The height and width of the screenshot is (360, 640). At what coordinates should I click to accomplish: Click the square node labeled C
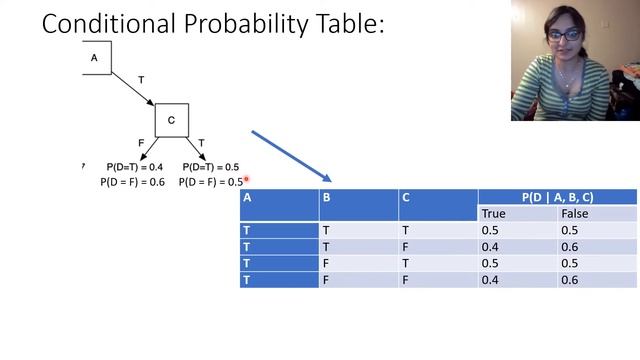click(x=171, y=120)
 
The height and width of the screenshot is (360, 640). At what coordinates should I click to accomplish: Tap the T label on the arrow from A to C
click(x=140, y=79)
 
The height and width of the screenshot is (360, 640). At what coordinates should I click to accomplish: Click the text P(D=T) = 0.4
click(x=135, y=167)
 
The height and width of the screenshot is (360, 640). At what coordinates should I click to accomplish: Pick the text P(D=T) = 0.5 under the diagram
click(x=211, y=167)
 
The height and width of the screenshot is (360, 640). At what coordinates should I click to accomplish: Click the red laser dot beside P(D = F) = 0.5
click(x=246, y=180)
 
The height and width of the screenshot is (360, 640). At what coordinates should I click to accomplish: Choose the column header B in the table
click(x=326, y=197)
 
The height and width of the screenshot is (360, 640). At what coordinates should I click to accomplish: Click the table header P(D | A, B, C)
click(x=557, y=197)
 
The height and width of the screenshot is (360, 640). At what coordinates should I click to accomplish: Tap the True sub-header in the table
click(x=494, y=213)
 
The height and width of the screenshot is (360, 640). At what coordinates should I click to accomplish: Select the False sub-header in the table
click(x=575, y=213)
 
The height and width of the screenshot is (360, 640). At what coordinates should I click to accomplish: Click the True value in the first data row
click(x=490, y=230)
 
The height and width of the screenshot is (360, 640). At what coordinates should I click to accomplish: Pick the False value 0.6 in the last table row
click(x=571, y=281)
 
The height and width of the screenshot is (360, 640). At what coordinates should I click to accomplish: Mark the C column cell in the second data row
click(x=405, y=247)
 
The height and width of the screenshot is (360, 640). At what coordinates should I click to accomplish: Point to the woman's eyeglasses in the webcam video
click(x=566, y=37)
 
